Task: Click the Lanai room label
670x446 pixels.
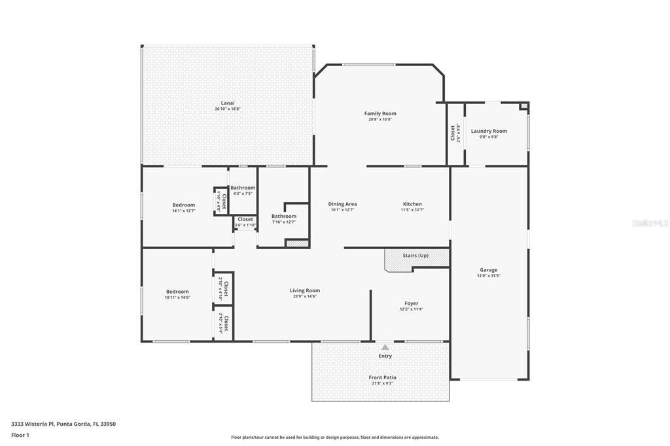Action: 228,103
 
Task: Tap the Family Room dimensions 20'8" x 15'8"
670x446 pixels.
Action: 380,119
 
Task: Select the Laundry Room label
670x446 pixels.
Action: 489,131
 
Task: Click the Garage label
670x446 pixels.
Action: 488,269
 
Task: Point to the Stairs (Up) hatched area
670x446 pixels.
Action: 416,259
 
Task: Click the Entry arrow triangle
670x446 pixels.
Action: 385,347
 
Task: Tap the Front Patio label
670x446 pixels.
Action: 382,377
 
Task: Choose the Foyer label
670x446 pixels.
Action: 411,303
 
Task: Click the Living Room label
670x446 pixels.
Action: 305,290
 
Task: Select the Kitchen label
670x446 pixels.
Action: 412,204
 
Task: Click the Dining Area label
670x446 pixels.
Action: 342,204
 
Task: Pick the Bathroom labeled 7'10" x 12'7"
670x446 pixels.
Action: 284,216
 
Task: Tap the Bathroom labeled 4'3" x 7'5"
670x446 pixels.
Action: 243,188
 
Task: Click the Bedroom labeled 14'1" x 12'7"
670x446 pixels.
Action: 183,205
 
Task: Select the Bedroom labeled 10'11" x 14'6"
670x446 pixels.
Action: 177,292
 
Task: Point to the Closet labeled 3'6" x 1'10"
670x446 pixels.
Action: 245,219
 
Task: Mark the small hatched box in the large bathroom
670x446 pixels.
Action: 297,243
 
